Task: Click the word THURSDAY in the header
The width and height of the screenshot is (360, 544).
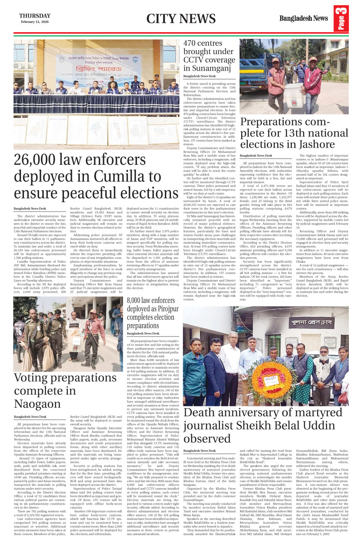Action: click(35, 16)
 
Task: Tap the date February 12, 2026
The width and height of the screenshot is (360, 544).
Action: click(35, 22)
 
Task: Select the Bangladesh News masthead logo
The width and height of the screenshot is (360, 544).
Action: click(303, 18)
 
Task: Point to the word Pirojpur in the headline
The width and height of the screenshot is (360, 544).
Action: click(165, 309)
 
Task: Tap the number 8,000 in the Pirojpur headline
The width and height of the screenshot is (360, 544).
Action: click(133, 300)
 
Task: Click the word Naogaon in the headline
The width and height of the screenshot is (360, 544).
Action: click(37, 404)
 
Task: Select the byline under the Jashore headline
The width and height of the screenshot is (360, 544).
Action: click(256, 156)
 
